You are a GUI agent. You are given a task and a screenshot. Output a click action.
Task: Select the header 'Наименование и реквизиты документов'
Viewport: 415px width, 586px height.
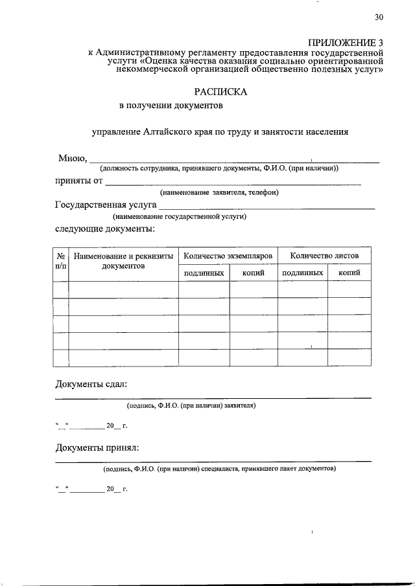click(x=123, y=262)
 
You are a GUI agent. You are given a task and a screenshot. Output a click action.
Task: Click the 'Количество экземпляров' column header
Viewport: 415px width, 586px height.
click(x=228, y=256)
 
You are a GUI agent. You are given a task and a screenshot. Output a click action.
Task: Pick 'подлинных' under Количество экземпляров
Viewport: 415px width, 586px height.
click(x=204, y=273)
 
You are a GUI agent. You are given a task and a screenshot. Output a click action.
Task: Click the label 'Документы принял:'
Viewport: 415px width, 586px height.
click(x=97, y=447)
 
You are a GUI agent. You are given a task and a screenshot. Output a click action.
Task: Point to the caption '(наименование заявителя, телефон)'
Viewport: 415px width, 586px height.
click(x=219, y=193)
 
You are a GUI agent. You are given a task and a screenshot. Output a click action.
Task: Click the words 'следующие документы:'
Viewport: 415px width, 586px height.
click(x=104, y=229)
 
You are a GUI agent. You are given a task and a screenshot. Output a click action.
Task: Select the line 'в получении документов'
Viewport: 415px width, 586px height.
click(x=171, y=105)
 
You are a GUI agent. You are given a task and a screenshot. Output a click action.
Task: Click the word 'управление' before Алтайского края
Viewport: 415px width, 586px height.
click(x=114, y=132)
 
